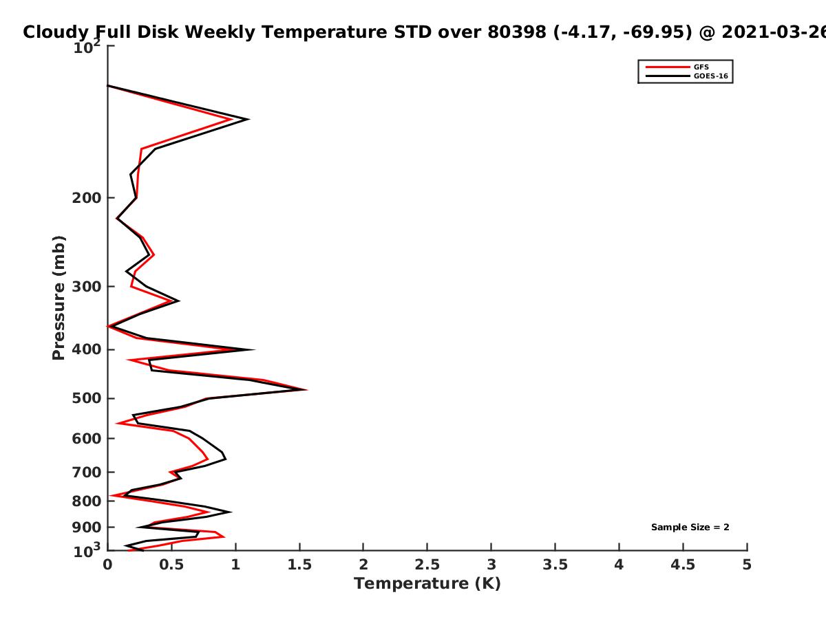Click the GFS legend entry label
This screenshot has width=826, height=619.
(x=701, y=67)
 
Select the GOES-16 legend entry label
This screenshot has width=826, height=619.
(x=711, y=76)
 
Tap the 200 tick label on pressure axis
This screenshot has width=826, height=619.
(x=87, y=198)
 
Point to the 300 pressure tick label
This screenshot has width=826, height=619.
(x=87, y=287)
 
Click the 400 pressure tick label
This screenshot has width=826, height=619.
(x=87, y=350)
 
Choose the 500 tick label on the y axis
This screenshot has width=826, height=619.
(x=87, y=398)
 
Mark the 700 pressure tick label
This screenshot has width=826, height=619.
(x=87, y=473)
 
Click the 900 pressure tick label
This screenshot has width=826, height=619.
(x=87, y=528)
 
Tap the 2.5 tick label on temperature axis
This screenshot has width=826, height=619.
(x=427, y=565)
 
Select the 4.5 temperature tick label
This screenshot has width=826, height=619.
(x=683, y=565)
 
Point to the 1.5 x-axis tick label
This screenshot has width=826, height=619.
(x=299, y=565)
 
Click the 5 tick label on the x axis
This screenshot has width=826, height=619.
(x=747, y=565)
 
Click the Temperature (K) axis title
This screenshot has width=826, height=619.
(x=427, y=584)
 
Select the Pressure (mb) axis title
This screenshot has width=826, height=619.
(x=59, y=298)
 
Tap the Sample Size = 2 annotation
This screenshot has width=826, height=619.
(x=690, y=528)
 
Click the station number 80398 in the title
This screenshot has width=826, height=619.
(x=517, y=32)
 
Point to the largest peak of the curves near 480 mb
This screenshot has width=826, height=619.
(x=306, y=389)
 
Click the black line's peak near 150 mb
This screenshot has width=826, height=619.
(x=248, y=120)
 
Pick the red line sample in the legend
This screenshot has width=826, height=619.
(x=668, y=67)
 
